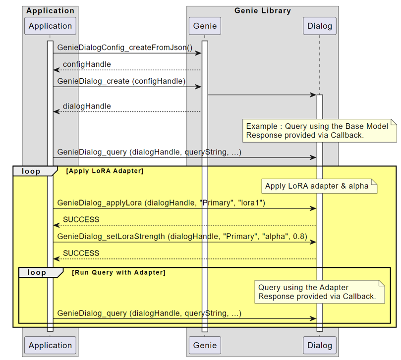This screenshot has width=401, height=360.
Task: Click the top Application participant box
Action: [50, 26]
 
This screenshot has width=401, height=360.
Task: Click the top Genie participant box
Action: [205, 26]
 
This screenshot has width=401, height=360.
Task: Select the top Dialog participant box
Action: [319, 26]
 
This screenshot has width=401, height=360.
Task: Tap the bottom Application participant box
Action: [50, 345]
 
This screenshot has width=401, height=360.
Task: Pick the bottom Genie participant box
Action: [205, 345]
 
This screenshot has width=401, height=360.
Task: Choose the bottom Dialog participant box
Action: [319, 345]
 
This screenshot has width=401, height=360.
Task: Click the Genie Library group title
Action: [262, 10]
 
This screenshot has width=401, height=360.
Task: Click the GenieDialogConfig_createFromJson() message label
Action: [125, 48]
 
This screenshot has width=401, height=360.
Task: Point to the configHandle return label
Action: [87, 64]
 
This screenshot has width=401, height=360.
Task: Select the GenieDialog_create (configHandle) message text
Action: [121, 81]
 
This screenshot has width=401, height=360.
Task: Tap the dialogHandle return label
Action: [87, 106]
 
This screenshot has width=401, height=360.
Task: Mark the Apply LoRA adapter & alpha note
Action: [317, 186]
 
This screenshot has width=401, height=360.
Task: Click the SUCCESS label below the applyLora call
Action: [81, 219]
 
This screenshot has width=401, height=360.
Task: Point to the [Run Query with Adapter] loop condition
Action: [118, 272]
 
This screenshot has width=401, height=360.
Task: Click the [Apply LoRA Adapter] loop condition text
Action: [105, 171]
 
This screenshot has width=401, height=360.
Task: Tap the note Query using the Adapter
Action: [317, 292]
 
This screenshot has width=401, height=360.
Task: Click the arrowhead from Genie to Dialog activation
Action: [313, 95]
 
